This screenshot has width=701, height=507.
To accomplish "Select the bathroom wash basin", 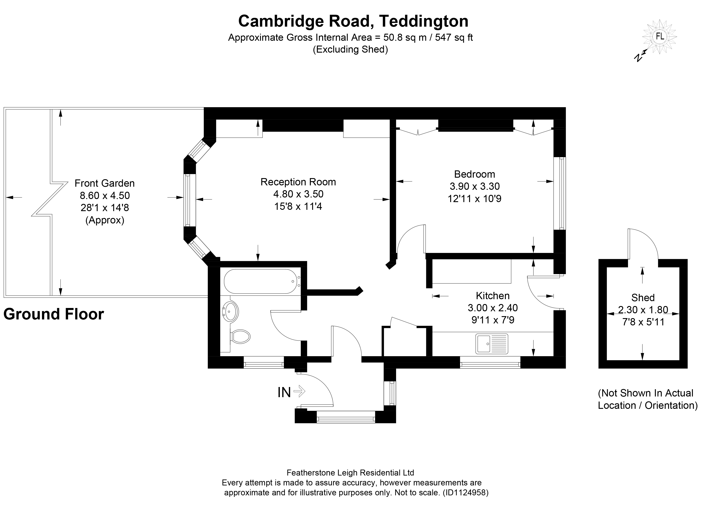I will pyautogui.click(x=231, y=311).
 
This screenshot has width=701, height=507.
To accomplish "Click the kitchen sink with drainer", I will pyautogui.click(x=492, y=344).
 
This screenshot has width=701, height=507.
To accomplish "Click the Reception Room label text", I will pyautogui.click(x=298, y=182).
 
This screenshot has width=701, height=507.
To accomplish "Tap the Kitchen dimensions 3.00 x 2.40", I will pyautogui.click(x=493, y=308).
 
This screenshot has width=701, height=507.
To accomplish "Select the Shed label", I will pyautogui.click(x=643, y=297).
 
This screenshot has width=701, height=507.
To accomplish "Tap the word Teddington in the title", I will pyautogui.click(x=423, y=21).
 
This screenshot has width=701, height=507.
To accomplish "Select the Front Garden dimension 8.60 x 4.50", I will pyautogui.click(x=105, y=195).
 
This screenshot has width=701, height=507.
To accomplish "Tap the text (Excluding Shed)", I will pyautogui.click(x=350, y=49).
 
